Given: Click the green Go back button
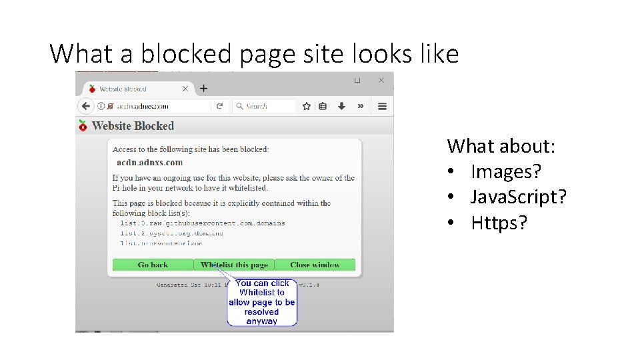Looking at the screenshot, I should (x=153, y=265).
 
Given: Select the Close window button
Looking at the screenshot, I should (x=315, y=265).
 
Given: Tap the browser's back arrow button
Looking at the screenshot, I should (x=85, y=106).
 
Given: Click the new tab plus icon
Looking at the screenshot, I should (x=204, y=88).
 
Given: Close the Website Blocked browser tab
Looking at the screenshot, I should (x=185, y=89).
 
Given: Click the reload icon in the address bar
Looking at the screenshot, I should (x=219, y=106).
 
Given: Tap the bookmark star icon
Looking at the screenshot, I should (x=307, y=106).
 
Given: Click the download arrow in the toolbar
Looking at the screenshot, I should (x=341, y=106).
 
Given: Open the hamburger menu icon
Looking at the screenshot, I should (x=383, y=106).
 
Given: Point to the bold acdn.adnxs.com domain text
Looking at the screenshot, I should (x=149, y=162).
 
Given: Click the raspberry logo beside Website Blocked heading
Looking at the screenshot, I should (x=83, y=125).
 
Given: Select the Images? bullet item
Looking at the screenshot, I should (x=506, y=171).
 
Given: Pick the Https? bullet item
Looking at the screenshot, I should (x=499, y=222).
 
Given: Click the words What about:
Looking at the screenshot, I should (x=501, y=145).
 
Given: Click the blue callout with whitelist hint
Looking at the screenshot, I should (x=262, y=302).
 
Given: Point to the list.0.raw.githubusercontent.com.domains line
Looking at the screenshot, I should (x=203, y=223).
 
